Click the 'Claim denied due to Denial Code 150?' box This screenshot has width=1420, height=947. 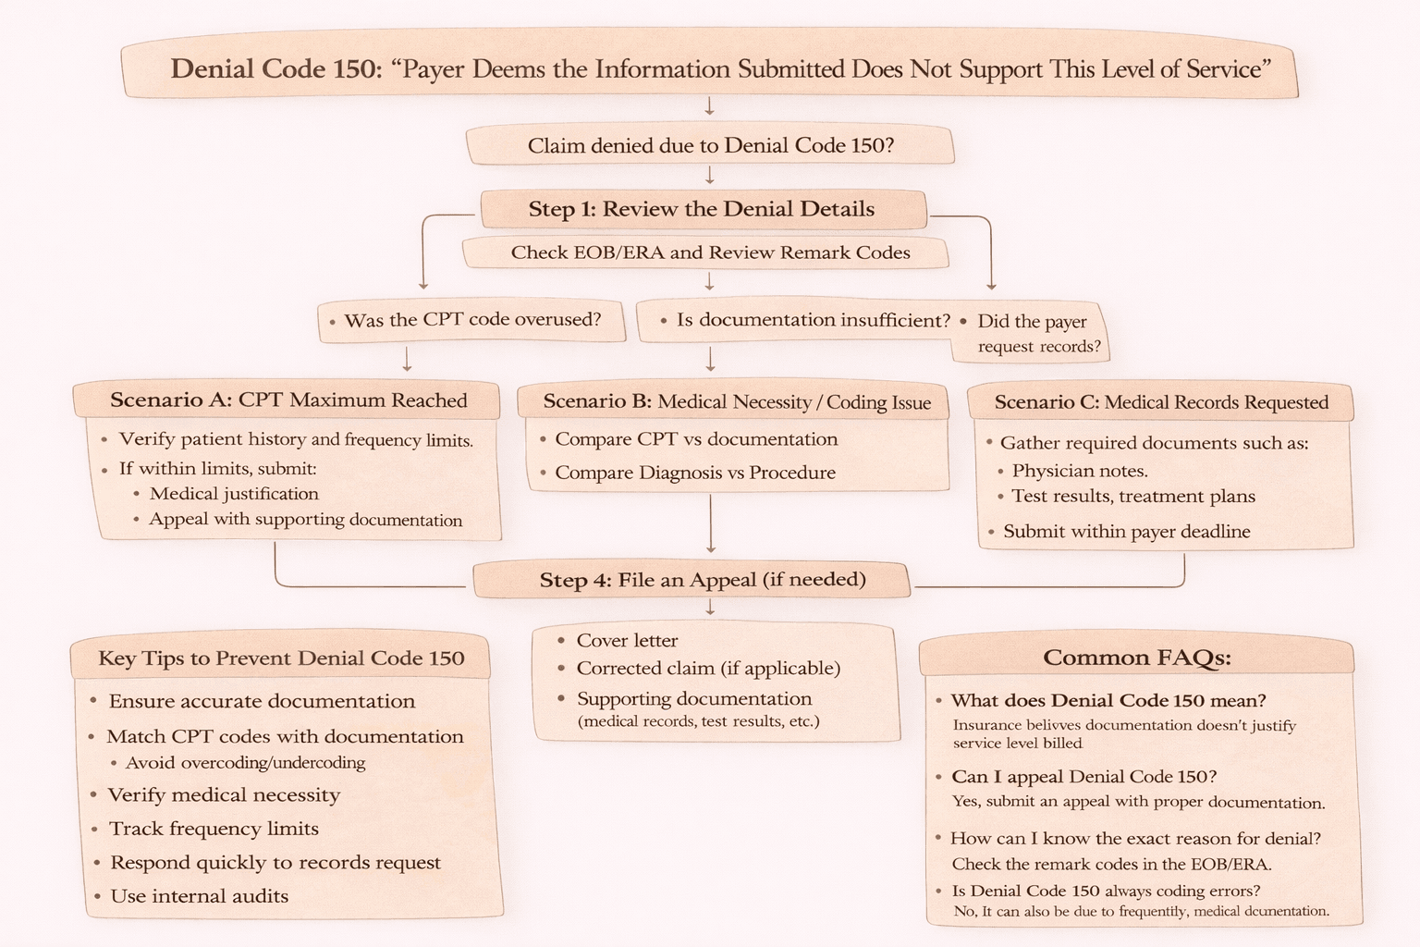pos(710,146)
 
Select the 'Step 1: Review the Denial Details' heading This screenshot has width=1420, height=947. pos(703,210)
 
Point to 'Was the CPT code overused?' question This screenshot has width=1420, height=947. pos(471,320)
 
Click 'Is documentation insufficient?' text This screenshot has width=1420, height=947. pos(813,320)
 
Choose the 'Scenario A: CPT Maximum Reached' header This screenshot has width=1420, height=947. pos(288,400)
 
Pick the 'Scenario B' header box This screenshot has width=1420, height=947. pos(736,401)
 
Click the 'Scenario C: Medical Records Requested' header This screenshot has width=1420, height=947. pos(1161,402)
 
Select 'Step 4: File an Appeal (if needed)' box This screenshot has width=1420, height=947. pos(703,580)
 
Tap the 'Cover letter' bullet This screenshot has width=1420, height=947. pos(627,640)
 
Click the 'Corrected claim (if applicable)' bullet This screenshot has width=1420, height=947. pos(707,668)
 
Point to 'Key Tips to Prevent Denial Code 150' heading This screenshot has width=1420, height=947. pos(281,658)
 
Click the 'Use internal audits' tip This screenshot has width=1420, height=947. pos(199,896)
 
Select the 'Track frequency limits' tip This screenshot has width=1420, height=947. pos(214,829)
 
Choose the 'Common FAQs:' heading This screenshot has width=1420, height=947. pos(1137,658)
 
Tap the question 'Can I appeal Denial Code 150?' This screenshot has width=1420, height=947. pos(1083,777)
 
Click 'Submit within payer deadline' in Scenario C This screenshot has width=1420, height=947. pos(1126,532)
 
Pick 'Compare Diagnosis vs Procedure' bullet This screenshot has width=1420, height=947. pos(694,473)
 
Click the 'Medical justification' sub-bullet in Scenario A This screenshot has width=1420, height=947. pos(234,494)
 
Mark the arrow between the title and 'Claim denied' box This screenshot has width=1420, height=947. pos(710,106)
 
